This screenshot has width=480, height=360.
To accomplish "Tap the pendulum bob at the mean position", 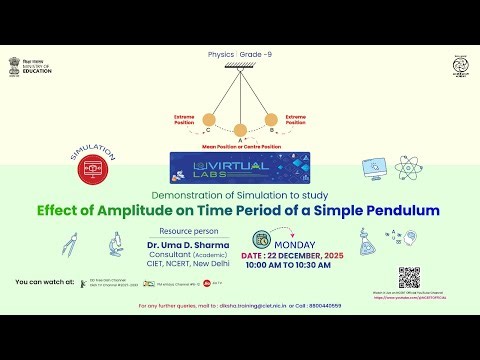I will (239, 130).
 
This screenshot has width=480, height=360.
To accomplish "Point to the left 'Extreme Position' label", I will (184, 119).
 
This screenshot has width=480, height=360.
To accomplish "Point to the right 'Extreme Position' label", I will (295, 119).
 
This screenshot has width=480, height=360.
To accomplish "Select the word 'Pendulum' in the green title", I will (394, 211).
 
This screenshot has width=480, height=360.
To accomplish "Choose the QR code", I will (408, 277).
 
